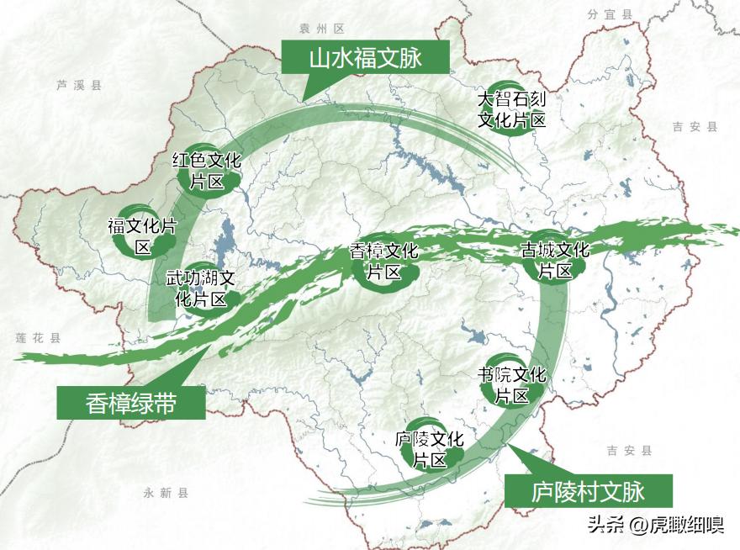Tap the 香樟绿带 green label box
pyautogui.click(x=130, y=403)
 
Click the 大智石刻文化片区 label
pyautogui.click(x=512, y=109)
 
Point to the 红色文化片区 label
pyautogui.click(x=206, y=170)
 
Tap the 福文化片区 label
pyautogui.click(x=141, y=235)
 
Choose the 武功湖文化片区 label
pyautogui.click(x=200, y=288)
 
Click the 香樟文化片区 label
pyautogui.click(x=383, y=262)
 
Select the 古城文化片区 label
pyautogui.click(x=555, y=260)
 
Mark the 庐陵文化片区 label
pyautogui.click(x=429, y=449)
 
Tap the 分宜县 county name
pyautogui.click(x=610, y=14)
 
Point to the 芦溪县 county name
pyautogui.click(x=78, y=85)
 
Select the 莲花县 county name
pyautogui.click(x=39, y=337)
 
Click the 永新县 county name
pyautogui.click(x=166, y=493)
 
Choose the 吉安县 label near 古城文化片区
pyautogui.click(x=695, y=127)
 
